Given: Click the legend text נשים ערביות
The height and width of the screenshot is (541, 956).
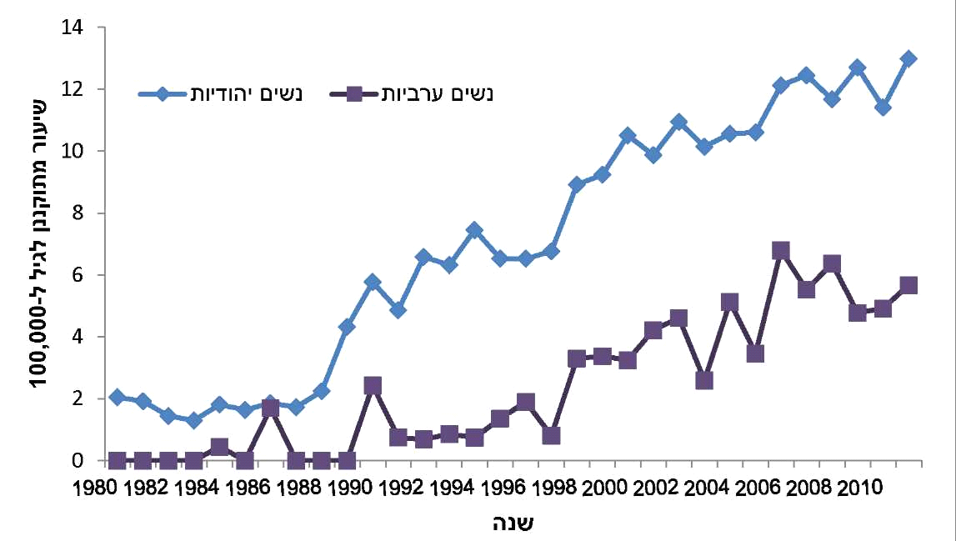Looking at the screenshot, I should pyautogui.click(x=438, y=93).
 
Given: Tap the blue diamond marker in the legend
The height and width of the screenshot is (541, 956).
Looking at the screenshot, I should pyautogui.click(x=165, y=93).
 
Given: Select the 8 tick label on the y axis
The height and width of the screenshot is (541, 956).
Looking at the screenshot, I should pyautogui.click(x=77, y=213).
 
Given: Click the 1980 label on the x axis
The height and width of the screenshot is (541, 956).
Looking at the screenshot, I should pyautogui.click(x=94, y=486).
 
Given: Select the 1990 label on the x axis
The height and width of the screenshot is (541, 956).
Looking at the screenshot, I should pyautogui.click(x=348, y=486).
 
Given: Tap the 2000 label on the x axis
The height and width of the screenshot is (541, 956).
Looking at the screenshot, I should pyautogui.click(x=603, y=486).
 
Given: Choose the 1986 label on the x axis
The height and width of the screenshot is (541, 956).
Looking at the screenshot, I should pyautogui.click(x=247, y=486).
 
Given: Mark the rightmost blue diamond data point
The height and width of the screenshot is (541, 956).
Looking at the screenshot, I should pyautogui.click(x=908, y=59).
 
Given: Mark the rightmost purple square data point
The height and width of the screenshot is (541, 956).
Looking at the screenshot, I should pyautogui.click(x=908, y=285).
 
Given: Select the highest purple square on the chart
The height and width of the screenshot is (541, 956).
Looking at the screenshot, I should pyautogui.click(x=781, y=250).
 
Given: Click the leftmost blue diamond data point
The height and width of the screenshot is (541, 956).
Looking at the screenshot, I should pyautogui.click(x=118, y=397).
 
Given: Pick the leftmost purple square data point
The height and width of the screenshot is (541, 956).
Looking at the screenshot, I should pyautogui.click(x=118, y=460).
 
